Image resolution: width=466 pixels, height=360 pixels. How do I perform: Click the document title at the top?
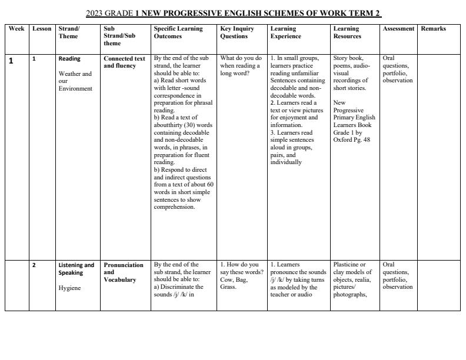[x=233, y=13]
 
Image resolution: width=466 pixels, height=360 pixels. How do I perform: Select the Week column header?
[x=16, y=29]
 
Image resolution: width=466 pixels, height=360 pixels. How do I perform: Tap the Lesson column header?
[x=42, y=29]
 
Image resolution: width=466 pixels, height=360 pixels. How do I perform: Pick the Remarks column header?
[x=433, y=29]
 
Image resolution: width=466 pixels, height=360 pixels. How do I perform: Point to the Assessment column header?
[x=398, y=29]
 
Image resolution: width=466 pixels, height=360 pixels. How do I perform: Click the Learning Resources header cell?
[x=347, y=32]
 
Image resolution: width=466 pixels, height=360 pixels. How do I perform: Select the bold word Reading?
[x=69, y=59]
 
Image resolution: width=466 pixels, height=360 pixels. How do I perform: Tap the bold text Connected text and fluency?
[x=124, y=62]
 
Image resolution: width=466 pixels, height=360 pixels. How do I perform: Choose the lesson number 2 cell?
[x=34, y=265]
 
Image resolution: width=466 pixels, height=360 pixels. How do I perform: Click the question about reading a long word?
[x=240, y=66]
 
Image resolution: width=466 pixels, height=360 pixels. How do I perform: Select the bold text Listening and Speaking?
[x=76, y=269]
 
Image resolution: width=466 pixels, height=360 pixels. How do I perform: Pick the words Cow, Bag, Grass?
[x=237, y=279]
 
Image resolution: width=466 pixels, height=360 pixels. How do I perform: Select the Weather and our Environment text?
[x=75, y=81]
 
